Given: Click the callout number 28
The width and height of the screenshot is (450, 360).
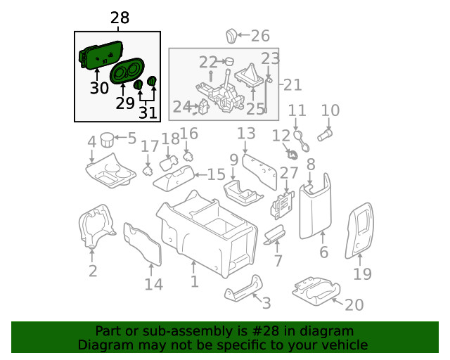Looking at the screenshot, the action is pos(120,18).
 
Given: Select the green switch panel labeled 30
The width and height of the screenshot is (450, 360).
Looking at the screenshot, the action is pos(101,55).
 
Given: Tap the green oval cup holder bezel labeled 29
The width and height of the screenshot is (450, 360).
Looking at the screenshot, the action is pos(127,70).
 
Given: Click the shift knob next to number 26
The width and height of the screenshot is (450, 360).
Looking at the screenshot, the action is pos(231,36).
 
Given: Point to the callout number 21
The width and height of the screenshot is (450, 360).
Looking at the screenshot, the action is pos(292,85).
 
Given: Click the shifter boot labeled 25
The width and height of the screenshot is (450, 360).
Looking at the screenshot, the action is pos(249,75).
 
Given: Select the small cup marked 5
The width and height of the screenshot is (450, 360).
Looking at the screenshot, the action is pos(108,139).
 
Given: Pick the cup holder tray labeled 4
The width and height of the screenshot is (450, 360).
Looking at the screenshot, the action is pos(111,171).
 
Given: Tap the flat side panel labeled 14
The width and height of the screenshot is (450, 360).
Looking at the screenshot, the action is pos(142,244).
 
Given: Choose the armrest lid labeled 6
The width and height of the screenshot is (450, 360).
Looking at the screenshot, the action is pos(315,207).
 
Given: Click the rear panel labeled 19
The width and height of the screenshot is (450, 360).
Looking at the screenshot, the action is pos(359,231).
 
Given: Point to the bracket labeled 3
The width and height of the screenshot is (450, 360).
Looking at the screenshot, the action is pos(243,288).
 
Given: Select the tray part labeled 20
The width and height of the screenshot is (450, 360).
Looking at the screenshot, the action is pos(316,290).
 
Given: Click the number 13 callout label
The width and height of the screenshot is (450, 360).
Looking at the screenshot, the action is pos(246,134).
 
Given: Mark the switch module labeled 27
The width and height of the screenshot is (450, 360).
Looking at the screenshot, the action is pos(283,205).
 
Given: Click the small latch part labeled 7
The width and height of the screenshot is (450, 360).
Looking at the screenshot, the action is pos(275,235).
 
